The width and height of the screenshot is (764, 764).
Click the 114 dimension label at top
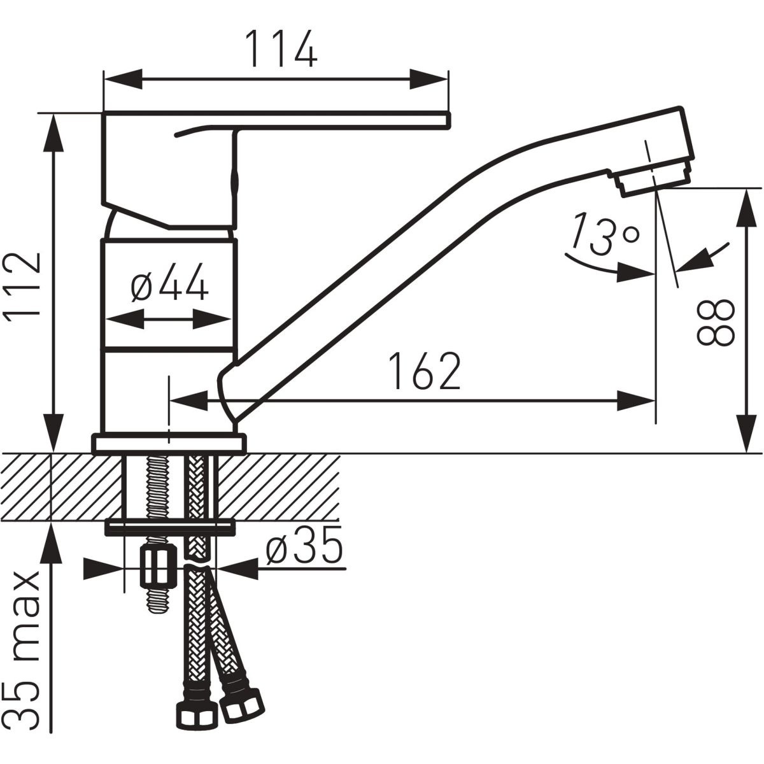click(281, 49)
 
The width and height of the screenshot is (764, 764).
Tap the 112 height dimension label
click(22, 284)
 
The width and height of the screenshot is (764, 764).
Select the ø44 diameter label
click(169, 282)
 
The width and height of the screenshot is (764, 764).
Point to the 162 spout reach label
click(424, 371)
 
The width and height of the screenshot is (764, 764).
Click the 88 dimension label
click(716, 322)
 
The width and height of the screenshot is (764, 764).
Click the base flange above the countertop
click(169, 444)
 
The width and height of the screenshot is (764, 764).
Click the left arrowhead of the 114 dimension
click(122, 80)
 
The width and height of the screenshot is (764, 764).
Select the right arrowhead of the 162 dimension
click(635, 401)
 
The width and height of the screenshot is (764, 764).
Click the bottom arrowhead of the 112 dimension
click(53, 433)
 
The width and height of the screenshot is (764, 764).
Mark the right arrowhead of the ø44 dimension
click(211, 318)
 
